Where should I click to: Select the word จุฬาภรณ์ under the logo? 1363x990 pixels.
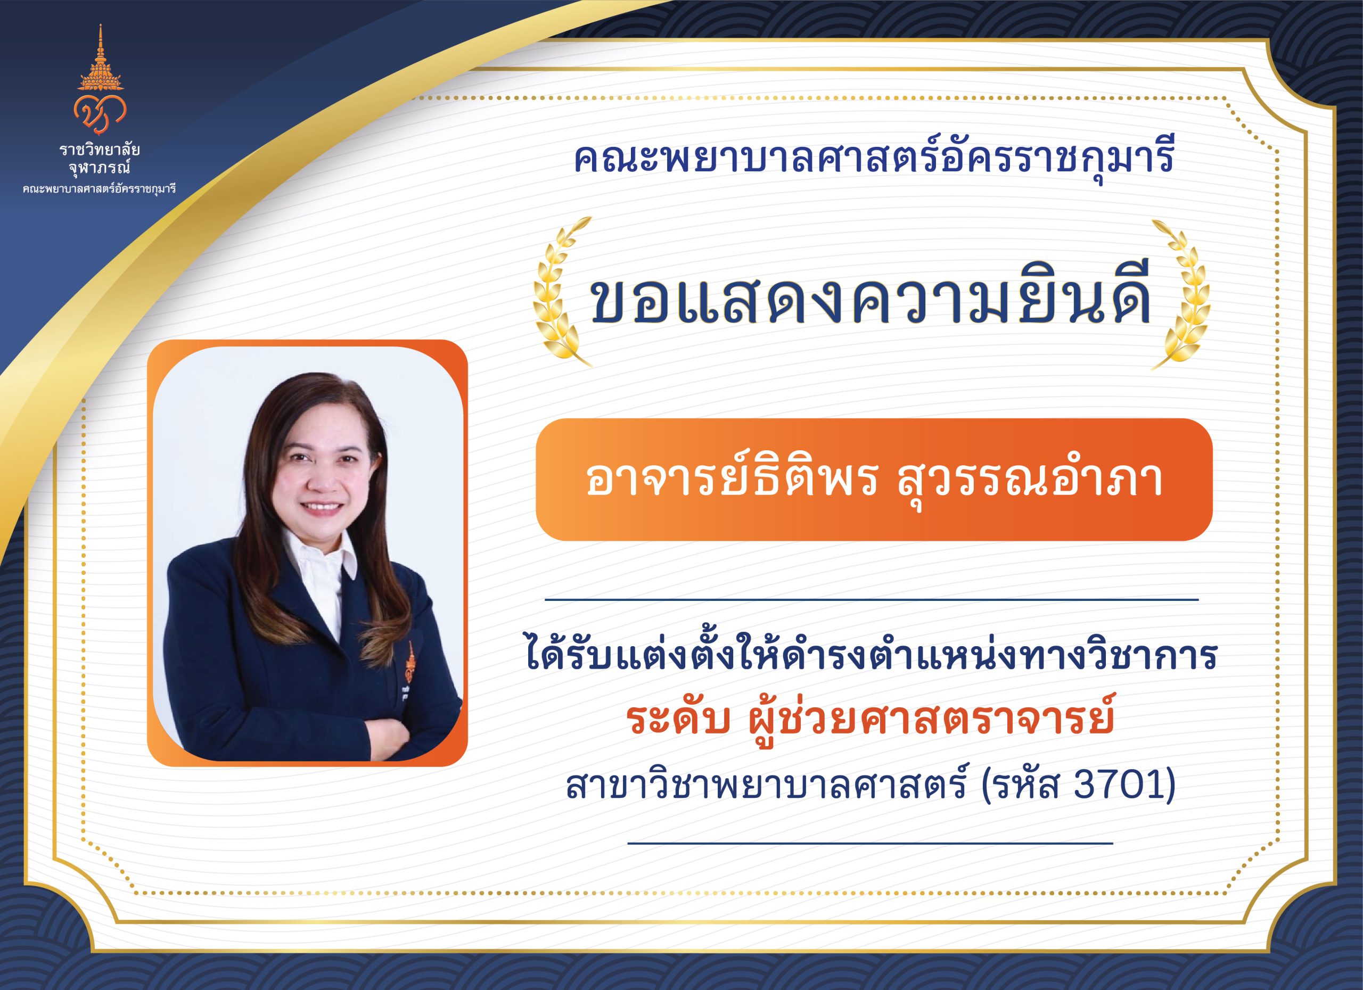point(100,169)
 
